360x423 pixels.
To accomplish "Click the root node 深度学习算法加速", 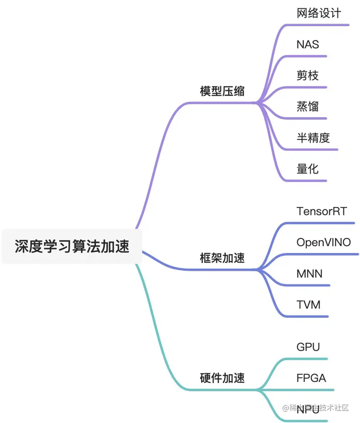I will pyautogui.click(x=72, y=246).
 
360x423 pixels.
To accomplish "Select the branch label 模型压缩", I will pyautogui.click(x=222, y=91).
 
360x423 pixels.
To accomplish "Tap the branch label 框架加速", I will pyautogui.click(x=222, y=258).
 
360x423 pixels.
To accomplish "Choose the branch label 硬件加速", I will pyautogui.click(x=222, y=378).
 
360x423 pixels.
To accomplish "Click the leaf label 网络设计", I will pyautogui.click(x=319, y=13).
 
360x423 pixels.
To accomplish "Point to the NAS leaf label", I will pyautogui.click(x=308, y=44).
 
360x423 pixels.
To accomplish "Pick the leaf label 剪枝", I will pyautogui.click(x=308, y=75).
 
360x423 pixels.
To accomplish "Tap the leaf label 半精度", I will pyautogui.click(x=313, y=138).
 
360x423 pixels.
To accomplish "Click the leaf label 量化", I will pyautogui.click(x=308, y=168).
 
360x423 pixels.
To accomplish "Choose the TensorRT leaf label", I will pyautogui.click(x=321, y=211).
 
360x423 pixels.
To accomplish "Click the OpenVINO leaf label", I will pyautogui.click(x=323, y=242).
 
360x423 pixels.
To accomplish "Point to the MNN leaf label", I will pyautogui.click(x=309, y=273).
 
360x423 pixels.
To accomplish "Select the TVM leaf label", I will pyautogui.click(x=308, y=305).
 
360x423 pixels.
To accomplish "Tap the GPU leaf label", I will pyautogui.click(x=308, y=347).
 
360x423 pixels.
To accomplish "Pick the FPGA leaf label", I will pyautogui.click(x=311, y=378).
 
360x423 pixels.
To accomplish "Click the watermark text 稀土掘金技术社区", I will pyautogui.click(x=316, y=408).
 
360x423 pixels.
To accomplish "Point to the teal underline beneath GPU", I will pyautogui.click(x=308, y=359).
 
